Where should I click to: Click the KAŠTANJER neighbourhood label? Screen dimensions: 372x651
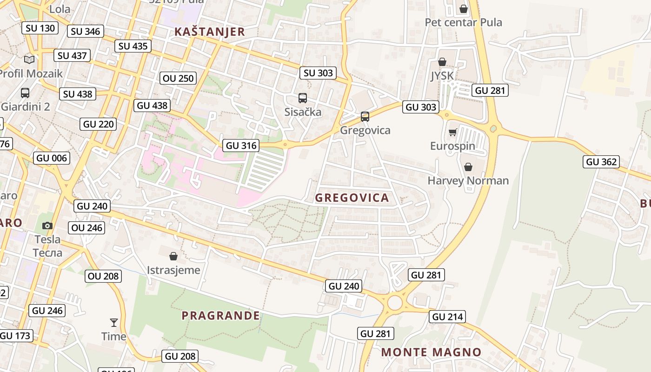tap(209, 32)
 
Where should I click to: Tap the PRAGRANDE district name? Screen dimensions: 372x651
tap(220, 316)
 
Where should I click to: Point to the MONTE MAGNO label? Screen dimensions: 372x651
tap(431, 352)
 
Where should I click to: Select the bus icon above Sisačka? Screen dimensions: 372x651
tap(303, 98)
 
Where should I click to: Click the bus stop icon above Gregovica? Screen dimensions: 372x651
tap(365, 116)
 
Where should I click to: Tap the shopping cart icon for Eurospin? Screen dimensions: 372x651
tap(452, 133)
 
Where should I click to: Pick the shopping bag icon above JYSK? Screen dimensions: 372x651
tap(442, 62)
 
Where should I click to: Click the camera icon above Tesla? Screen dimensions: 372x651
tap(47, 226)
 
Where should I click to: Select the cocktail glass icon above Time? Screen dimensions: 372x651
tap(113, 322)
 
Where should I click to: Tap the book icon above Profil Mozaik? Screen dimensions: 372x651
tap(29, 60)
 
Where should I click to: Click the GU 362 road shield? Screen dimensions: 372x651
tap(602, 162)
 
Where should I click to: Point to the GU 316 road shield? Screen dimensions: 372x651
tap(241, 146)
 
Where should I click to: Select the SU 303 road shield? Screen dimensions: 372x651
tap(319, 73)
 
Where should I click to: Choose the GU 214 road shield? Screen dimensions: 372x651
tap(448, 317)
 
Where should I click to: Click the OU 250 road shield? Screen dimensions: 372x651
tap(179, 78)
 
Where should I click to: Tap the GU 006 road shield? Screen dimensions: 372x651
tap(52, 158)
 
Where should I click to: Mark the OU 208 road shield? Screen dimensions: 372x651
tap(103, 276)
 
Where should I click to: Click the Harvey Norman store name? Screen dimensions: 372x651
tap(468, 180)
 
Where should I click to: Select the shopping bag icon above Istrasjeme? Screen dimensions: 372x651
tap(173, 256)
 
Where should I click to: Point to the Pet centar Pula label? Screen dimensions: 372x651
tap(463, 22)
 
